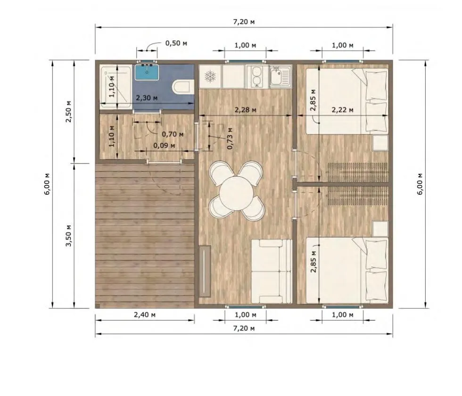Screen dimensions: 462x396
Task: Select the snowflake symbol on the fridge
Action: [x=210, y=76]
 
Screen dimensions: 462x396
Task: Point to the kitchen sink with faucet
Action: [x=281, y=76]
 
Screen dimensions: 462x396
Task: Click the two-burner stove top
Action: [x=257, y=76]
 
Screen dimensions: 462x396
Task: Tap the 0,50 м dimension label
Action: [x=176, y=43]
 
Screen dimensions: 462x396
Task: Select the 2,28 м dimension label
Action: [x=245, y=110]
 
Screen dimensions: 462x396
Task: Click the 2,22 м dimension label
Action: [x=342, y=110]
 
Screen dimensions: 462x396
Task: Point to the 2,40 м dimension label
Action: [x=145, y=315]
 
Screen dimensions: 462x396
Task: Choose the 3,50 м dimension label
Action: [x=68, y=235]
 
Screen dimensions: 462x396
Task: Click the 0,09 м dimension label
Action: [x=164, y=146]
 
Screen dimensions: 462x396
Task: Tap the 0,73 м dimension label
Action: [x=230, y=138]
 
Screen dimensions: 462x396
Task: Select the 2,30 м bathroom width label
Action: [x=147, y=98]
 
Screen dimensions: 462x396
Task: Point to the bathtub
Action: [x=115, y=88]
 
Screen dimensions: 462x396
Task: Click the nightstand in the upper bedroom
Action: [x=380, y=143]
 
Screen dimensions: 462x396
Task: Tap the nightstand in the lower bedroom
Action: [x=380, y=229]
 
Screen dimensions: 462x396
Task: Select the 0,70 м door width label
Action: [x=173, y=134]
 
